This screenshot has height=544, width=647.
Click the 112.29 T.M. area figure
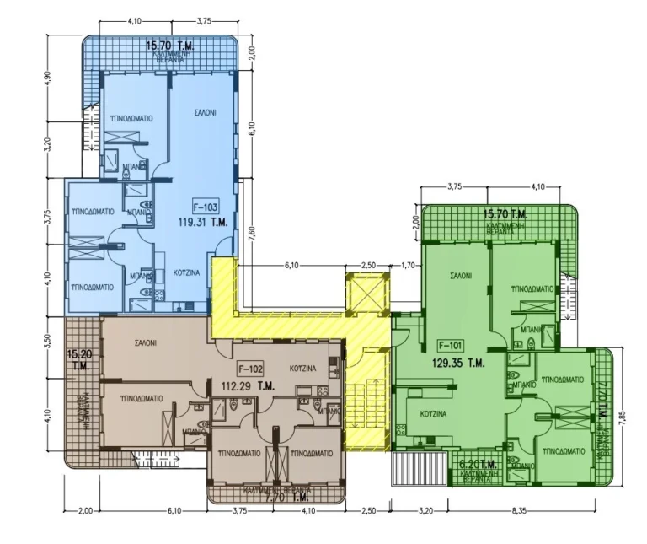tap(249, 386)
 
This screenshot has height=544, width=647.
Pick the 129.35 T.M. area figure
tap(463, 364)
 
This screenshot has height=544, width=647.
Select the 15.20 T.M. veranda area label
tap(80, 360)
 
